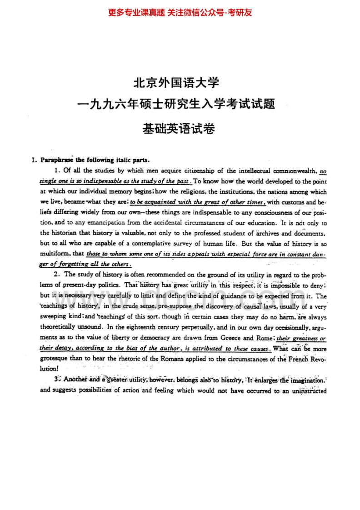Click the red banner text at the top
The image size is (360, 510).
180,12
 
